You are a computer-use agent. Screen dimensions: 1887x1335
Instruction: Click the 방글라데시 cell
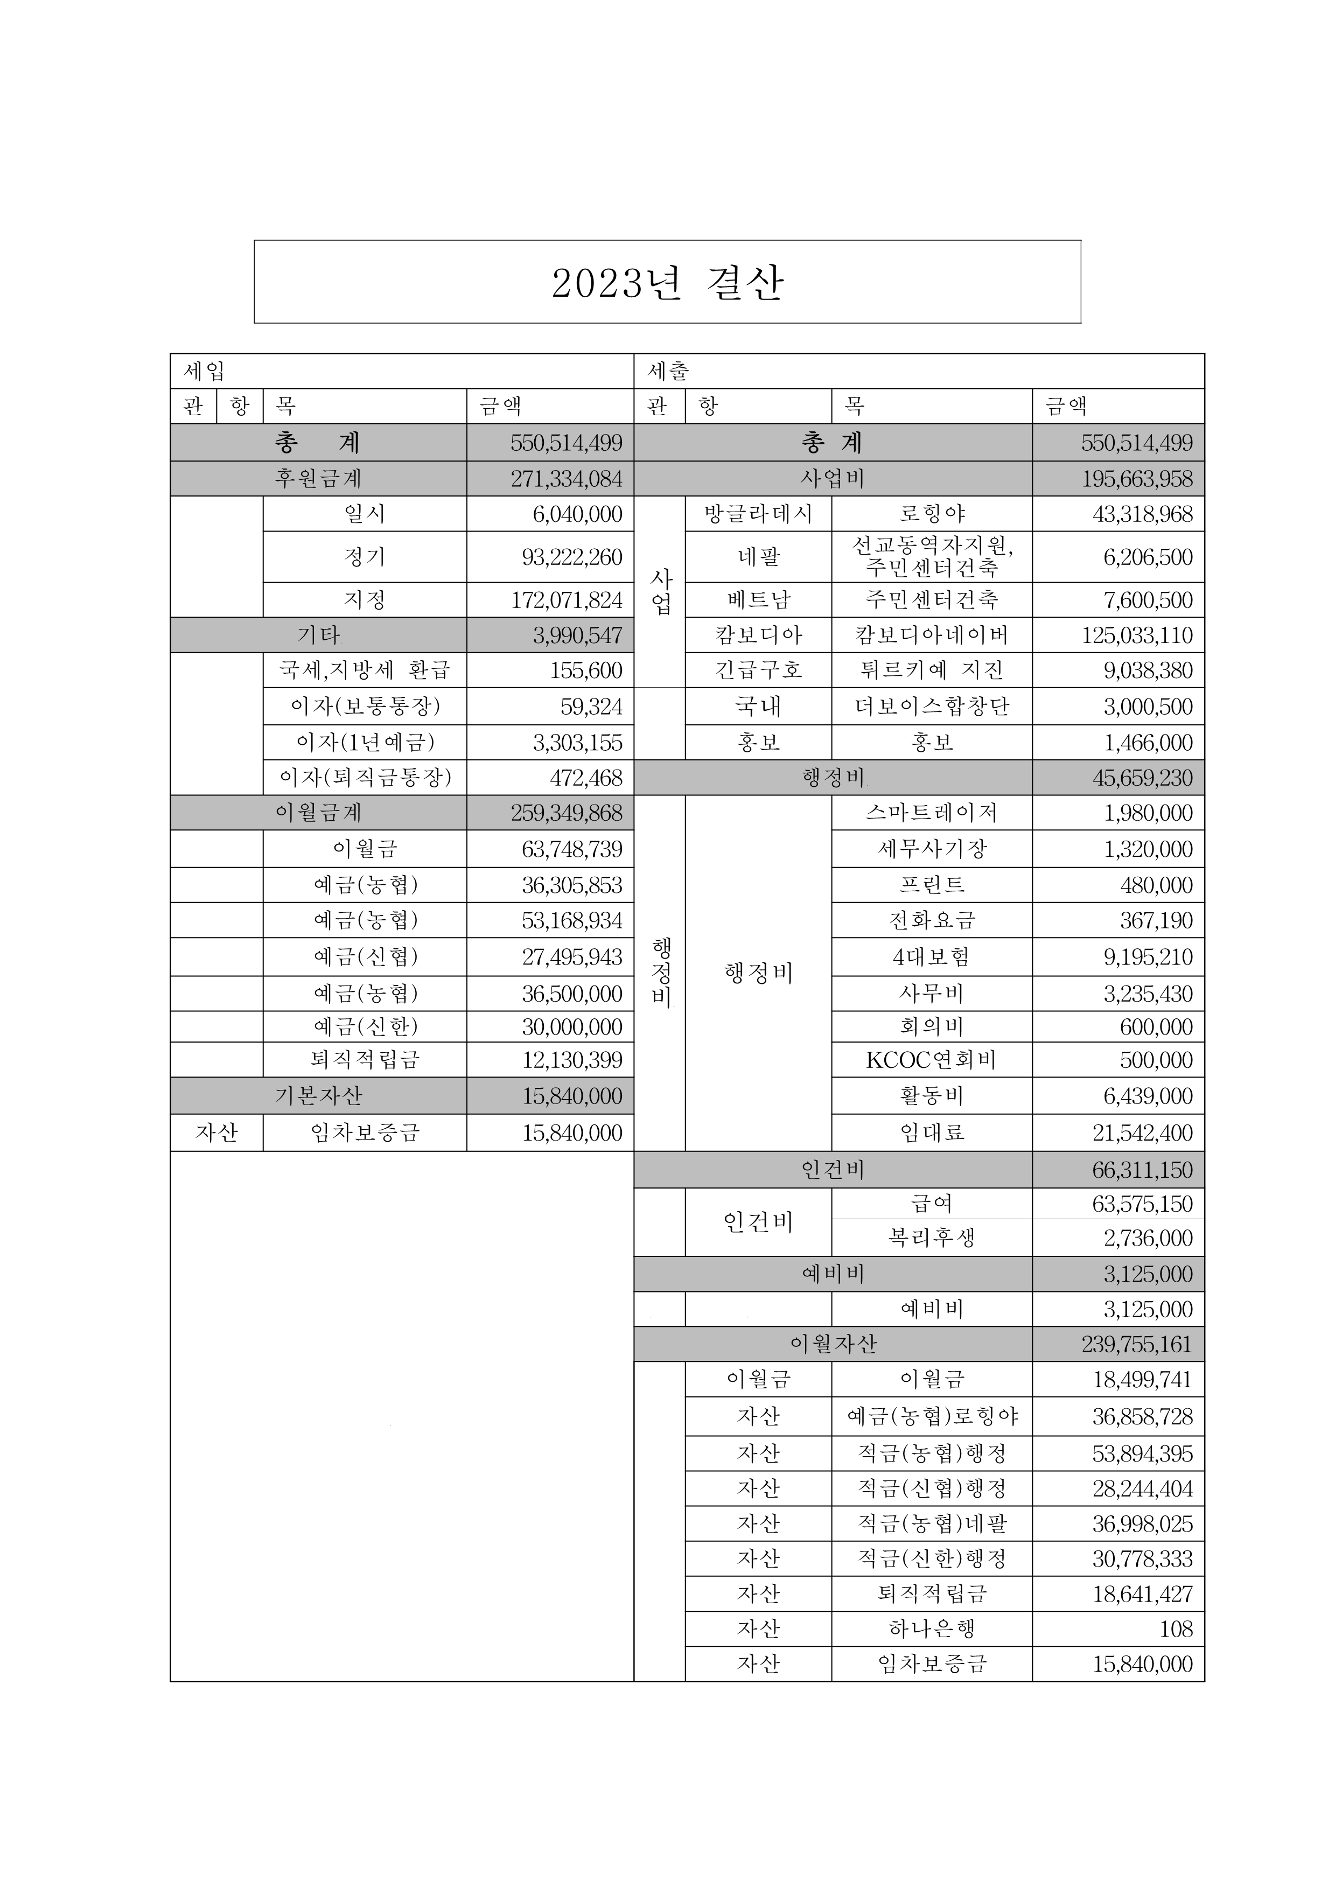pyautogui.click(x=758, y=514)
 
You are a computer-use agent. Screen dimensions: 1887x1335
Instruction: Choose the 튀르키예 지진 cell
pyautogui.click(x=931, y=670)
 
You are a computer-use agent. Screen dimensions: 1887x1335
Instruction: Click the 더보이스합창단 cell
pyautogui.click(x=931, y=707)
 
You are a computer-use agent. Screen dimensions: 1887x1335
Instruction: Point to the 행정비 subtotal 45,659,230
pyautogui.click(x=1142, y=778)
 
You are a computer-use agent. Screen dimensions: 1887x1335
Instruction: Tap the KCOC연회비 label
pyautogui.click(x=931, y=1060)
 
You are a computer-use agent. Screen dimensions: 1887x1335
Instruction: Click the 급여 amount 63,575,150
pyautogui.click(x=1142, y=1204)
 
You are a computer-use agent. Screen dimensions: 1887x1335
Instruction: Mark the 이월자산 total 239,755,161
pyautogui.click(x=1136, y=1345)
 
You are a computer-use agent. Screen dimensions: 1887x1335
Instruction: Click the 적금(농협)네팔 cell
pyautogui.click(x=931, y=1523)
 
